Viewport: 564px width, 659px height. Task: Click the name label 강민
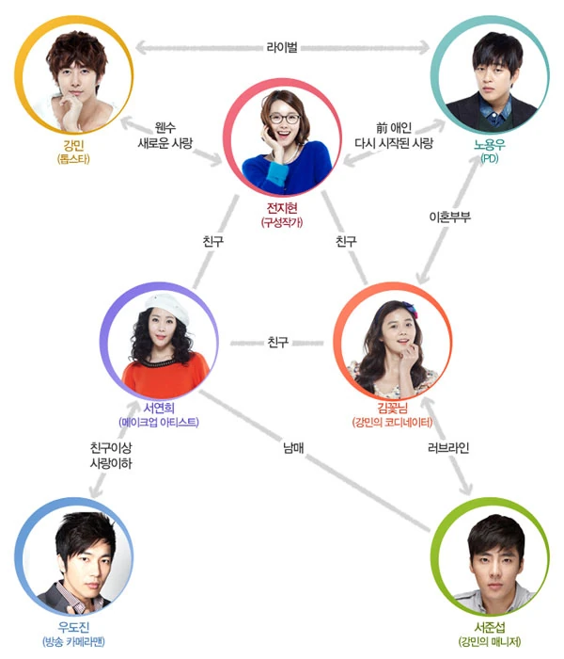pyautogui.click(x=74, y=145)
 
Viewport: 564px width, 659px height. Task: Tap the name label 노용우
pyautogui.click(x=490, y=145)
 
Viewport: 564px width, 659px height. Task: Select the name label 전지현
pyautogui.click(x=282, y=208)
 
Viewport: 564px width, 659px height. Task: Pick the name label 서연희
pyautogui.click(x=159, y=408)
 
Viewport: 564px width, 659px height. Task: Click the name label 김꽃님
pyautogui.click(x=392, y=408)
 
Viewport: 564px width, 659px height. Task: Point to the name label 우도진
pyautogui.click(x=74, y=627)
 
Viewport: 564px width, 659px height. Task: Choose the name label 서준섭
pyautogui.click(x=490, y=627)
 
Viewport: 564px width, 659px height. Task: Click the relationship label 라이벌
pyautogui.click(x=282, y=47)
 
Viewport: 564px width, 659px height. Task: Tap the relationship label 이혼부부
pyautogui.click(x=449, y=217)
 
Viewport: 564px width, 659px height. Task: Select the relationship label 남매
pyautogui.click(x=293, y=447)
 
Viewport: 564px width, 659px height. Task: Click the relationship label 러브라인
pyautogui.click(x=448, y=447)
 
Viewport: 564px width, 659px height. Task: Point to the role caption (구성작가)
pyautogui.click(x=282, y=222)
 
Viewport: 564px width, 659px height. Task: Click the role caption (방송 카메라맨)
pyautogui.click(x=74, y=641)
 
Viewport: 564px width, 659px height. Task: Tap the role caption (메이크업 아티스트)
pyautogui.click(x=159, y=422)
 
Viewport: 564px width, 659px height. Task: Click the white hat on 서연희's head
pyautogui.click(x=166, y=306)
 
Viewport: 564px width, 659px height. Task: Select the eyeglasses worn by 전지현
pyautogui.click(x=285, y=118)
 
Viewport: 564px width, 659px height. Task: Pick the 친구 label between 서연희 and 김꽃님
pyautogui.click(x=278, y=342)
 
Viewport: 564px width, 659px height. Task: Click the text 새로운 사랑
pyautogui.click(x=165, y=143)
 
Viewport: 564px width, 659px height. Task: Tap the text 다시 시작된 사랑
pyautogui.click(x=394, y=143)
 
